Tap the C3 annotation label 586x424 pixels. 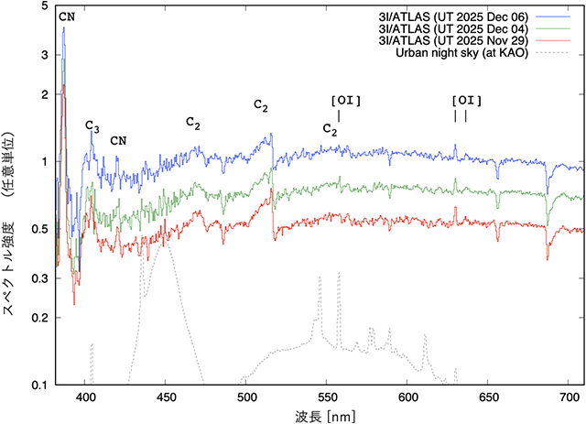92,125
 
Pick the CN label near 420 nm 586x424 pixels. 118,140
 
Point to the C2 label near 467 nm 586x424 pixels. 193,122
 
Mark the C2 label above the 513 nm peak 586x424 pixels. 261,106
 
